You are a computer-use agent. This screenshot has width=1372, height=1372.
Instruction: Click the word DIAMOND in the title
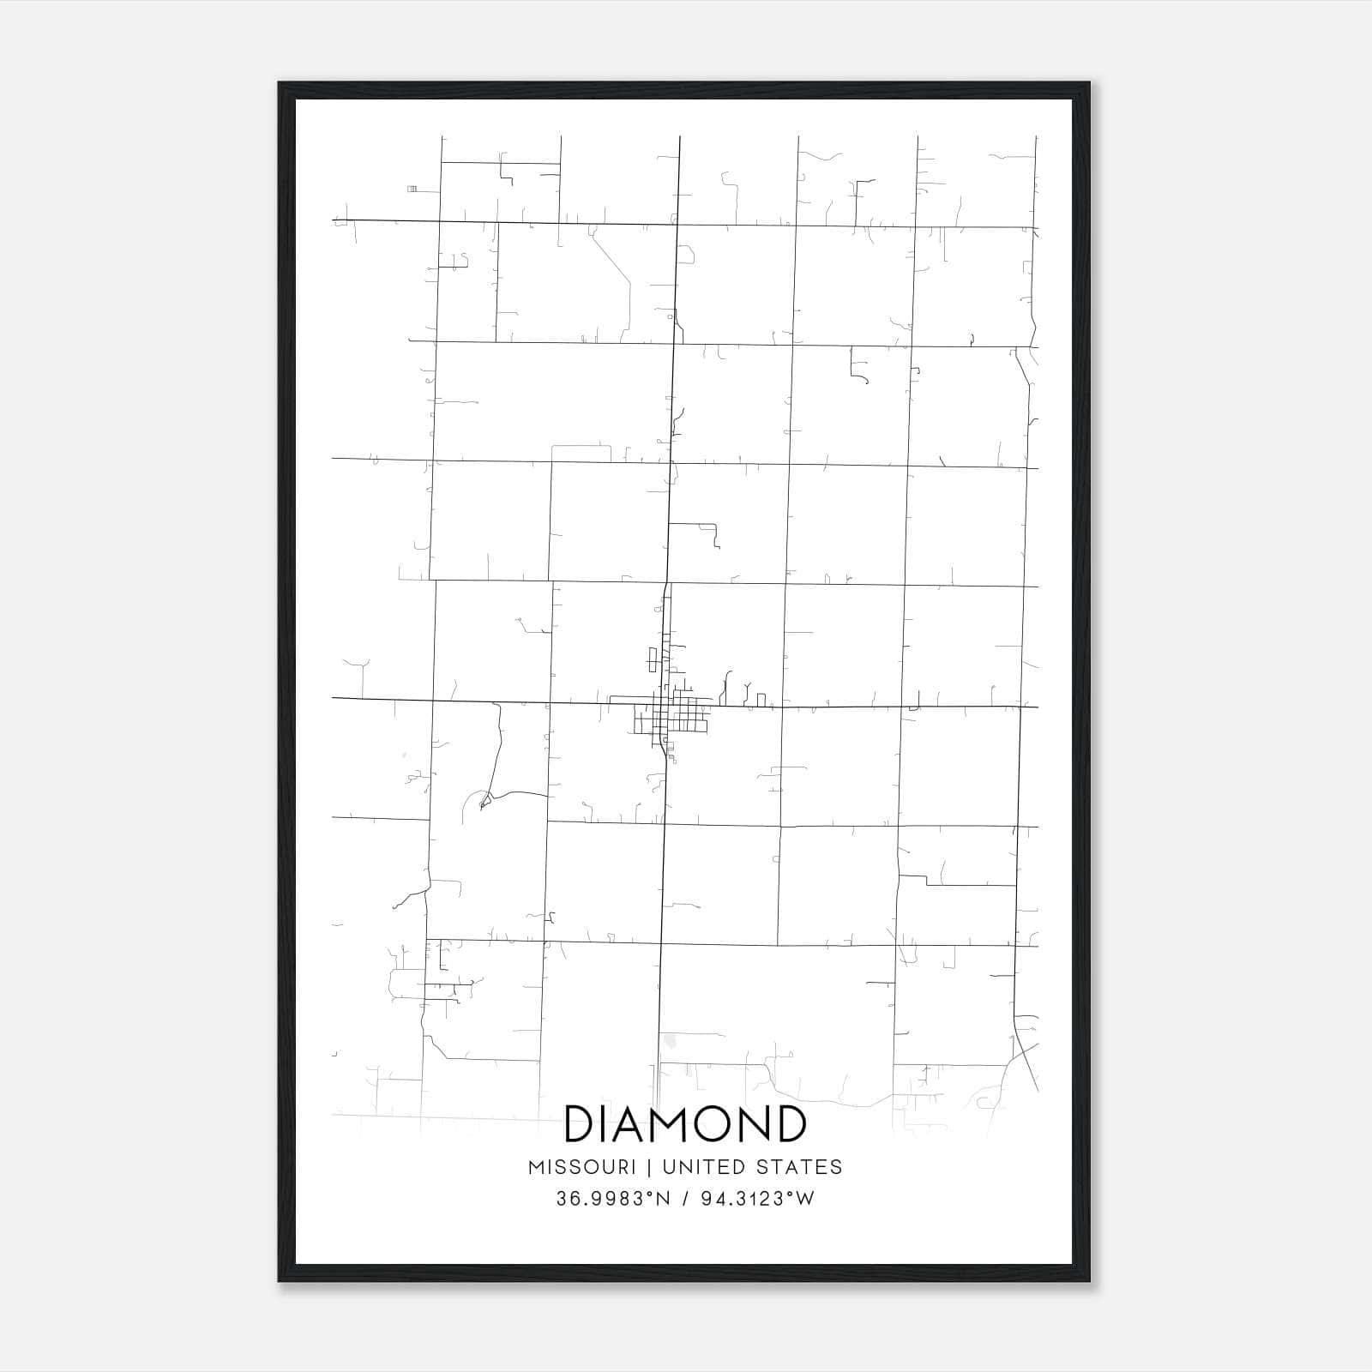(685, 1123)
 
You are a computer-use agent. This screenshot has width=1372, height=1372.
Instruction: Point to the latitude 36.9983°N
(612, 1199)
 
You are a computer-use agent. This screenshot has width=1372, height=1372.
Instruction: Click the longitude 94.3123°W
(757, 1199)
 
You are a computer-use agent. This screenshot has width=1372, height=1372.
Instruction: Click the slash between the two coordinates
(685, 1199)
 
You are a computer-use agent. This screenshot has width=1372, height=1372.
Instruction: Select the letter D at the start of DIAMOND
(580, 1123)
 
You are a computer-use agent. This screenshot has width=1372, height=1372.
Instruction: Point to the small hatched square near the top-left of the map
(412, 188)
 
